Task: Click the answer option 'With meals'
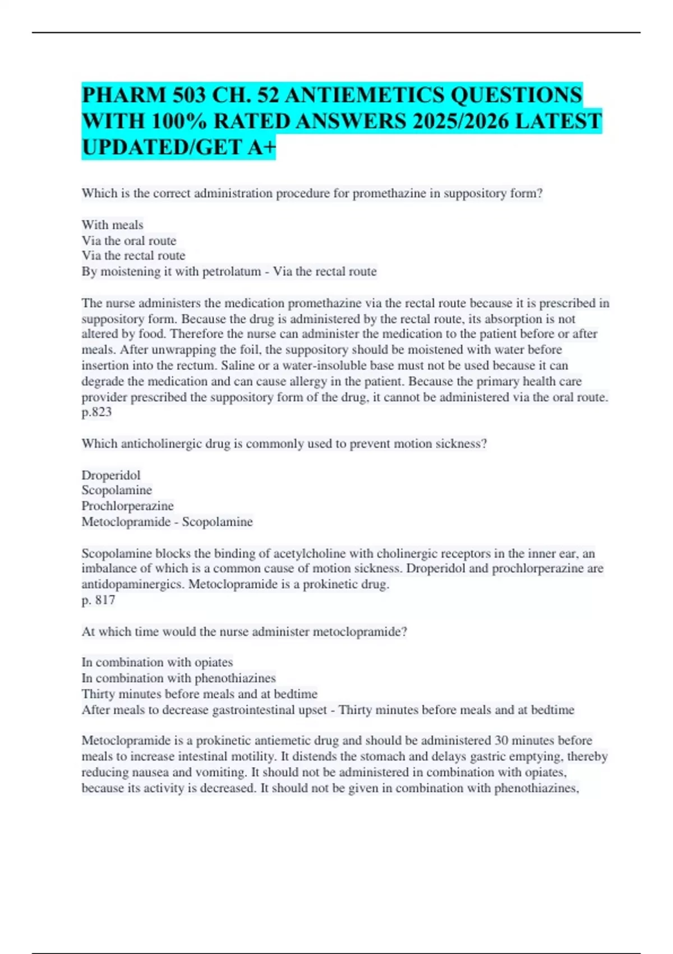pyautogui.click(x=112, y=224)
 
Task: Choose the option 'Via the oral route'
pyautogui.click(x=129, y=240)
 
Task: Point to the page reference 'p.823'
pyautogui.click(x=96, y=412)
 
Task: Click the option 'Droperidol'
pyautogui.click(x=111, y=475)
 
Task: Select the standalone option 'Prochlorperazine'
pyautogui.click(x=127, y=506)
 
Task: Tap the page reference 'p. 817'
pyautogui.click(x=98, y=600)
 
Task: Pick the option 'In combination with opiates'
pyautogui.click(x=157, y=662)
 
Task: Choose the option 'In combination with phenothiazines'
pyautogui.click(x=178, y=678)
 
